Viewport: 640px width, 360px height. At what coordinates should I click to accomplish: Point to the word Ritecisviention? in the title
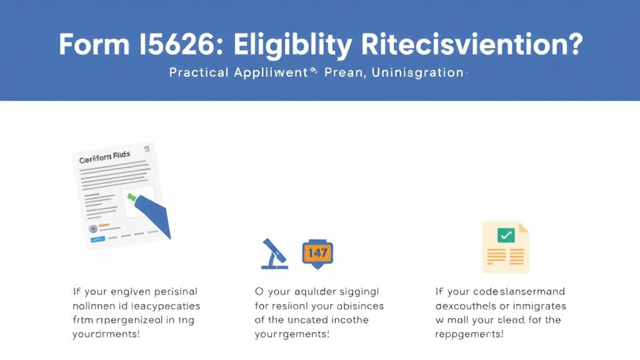pos(471,46)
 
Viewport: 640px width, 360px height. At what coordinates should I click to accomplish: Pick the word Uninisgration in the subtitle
pos(417,73)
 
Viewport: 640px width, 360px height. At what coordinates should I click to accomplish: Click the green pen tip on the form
pos(132,197)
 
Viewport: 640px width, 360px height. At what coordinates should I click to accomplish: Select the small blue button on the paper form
pos(97,239)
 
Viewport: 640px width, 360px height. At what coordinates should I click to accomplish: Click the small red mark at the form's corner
pos(147,149)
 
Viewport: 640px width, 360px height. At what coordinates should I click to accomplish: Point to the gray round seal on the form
pos(94,228)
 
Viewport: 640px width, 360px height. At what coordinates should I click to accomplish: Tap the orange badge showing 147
pos(317,252)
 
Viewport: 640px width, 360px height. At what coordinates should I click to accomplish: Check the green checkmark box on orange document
pos(505,235)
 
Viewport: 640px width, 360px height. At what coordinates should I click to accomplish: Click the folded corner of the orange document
pos(524,229)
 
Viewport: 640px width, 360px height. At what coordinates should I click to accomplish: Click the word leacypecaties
pos(166,306)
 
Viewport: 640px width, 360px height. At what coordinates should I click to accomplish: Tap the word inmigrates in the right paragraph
pos(536,306)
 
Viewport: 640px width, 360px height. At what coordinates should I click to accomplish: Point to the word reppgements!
pos(469,334)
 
